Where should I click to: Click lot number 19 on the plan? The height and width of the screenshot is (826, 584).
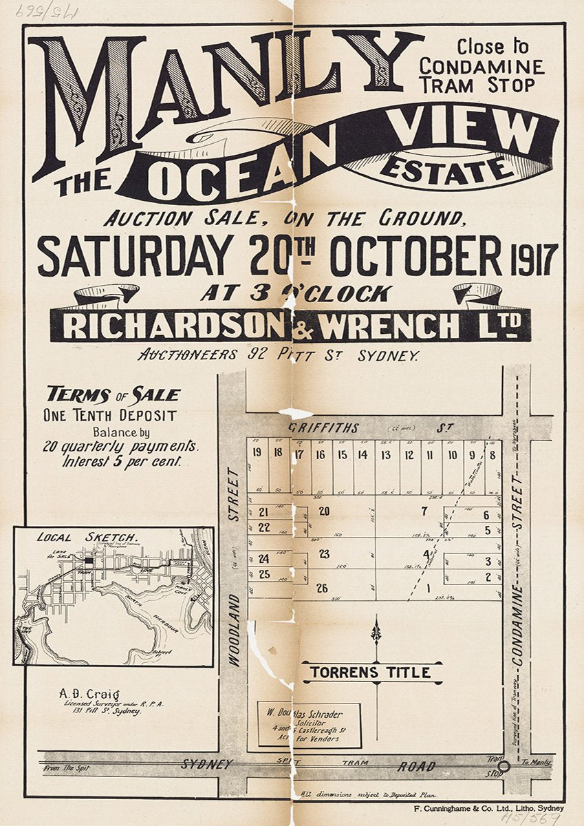[x=257, y=453]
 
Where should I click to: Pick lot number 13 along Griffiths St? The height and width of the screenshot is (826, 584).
[x=386, y=454]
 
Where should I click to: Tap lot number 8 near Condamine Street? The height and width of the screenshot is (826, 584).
[x=493, y=454]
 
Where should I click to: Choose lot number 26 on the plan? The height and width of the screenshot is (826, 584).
[x=321, y=588]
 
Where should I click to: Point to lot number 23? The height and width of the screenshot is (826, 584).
[x=324, y=554]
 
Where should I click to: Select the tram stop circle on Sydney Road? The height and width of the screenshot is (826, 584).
[x=504, y=765]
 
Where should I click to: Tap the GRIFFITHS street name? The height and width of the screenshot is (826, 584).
[x=323, y=428]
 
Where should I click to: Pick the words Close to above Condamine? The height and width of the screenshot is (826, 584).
[x=493, y=47]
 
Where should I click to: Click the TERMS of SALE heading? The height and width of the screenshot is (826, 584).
[x=113, y=394]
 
